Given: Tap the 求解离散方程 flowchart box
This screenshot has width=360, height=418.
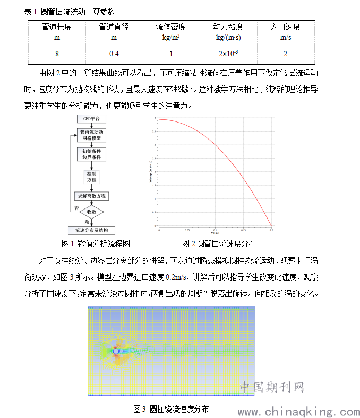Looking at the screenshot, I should click(x=91, y=196).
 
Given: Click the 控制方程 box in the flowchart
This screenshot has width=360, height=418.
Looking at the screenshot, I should click(x=91, y=177).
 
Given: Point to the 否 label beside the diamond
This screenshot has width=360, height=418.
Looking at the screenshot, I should click(x=76, y=207).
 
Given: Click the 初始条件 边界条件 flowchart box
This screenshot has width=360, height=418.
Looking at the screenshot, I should click(x=91, y=154).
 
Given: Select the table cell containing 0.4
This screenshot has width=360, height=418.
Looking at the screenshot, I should click(x=114, y=54).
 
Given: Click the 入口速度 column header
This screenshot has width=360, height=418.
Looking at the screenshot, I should click(x=285, y=31).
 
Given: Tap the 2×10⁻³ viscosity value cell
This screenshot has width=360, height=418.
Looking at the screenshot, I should click(x=228, y=54).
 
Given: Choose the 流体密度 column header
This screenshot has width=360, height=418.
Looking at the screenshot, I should click(x=171, y=31).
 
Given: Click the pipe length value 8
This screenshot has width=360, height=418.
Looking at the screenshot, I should click(x=57, y=54).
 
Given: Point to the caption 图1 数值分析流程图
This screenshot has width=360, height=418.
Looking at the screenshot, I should click(x=96, y=243).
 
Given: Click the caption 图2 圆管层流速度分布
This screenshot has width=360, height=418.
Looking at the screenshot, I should click(x=219, y=243).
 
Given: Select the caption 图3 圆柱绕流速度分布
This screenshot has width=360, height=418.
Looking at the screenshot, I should click(x=171, y=409).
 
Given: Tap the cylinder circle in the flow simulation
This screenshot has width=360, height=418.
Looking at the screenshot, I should click(x=116, y=351).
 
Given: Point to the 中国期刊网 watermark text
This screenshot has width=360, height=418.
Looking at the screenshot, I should click(x=271, y=388).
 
